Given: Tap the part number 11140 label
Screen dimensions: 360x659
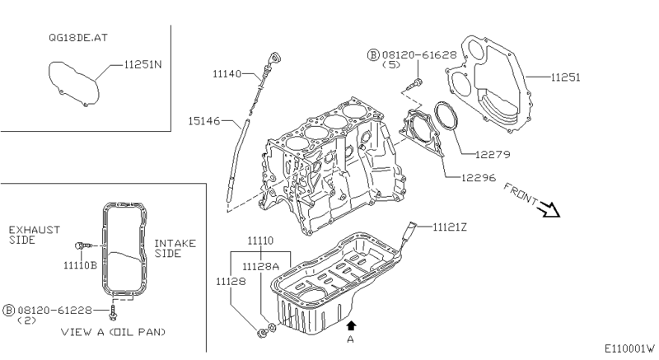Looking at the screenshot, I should (226, 74).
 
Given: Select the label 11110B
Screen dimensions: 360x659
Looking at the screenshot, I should (81, 265).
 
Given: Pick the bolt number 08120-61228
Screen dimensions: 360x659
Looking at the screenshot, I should (54, 309).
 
